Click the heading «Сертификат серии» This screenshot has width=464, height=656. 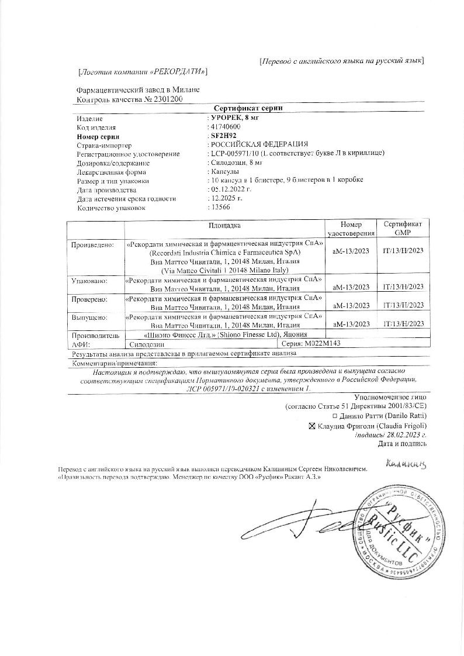point(248,109)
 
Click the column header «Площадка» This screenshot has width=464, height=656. point(224,225)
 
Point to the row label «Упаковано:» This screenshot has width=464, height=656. point(89,281)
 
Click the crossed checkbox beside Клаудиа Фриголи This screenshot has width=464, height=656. point(311,426)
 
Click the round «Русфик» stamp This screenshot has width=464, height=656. point(403,532)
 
